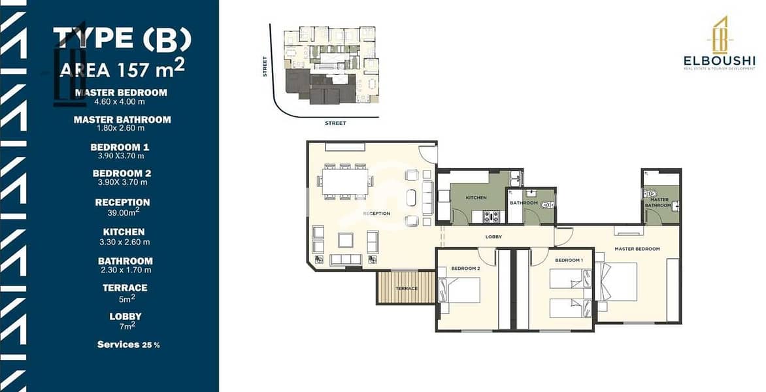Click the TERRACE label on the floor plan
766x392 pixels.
[x=407, y=289]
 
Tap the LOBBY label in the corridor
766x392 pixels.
[x=493, y=237]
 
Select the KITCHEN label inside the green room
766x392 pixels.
[x=476, y=198]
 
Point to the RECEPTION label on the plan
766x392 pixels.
[x=376, y=214]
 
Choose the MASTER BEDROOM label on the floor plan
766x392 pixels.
[x=637, y=249]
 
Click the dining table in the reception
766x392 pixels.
[x=345, y=182]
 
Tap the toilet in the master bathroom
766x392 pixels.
[x=650, y=194]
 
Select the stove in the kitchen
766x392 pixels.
[x=491, y=216]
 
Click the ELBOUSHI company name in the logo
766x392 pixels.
[x=719, y=61]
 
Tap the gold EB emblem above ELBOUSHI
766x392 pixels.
[x=720, y=35]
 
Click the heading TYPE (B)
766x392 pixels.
[x=122, y=39]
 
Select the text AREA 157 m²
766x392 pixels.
[x=122, y=69]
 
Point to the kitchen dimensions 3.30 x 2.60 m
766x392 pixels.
[x=124, y=242]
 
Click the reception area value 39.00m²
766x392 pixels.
[x=124, y=212]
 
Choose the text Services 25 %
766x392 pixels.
[x=129, y=345]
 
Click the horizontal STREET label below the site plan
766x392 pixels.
[x=335, y=123]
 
